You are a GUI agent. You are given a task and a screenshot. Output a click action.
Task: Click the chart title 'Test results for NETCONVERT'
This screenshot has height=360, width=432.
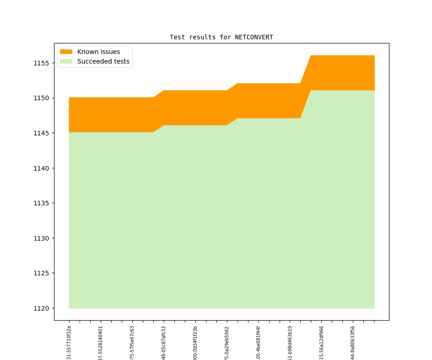pyautogui.click(x=221, y=37)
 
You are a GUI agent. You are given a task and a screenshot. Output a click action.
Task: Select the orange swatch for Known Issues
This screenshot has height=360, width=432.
pyautogui.click(x=66, y=52)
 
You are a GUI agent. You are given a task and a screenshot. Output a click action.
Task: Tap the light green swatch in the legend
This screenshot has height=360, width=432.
pyautogui.click(x=66, y=61)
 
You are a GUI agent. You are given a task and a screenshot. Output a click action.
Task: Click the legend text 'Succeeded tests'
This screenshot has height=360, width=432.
pyautogui.click(x=103, y=61)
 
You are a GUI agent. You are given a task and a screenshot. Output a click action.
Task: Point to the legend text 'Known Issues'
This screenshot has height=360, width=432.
pyautogui.click(x=98, y=52)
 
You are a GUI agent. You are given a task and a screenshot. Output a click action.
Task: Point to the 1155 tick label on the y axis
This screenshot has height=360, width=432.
pyautogui.click(x=41, y=63)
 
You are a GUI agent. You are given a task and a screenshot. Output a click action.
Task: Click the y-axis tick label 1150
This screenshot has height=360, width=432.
pyautogui.click(x=41, y=98)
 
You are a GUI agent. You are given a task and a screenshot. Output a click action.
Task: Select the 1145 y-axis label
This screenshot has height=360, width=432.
pyautogui.click(x=41, y=133)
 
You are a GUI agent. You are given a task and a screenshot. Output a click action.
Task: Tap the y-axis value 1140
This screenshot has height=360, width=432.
pyautogui.click(x=41, y=168)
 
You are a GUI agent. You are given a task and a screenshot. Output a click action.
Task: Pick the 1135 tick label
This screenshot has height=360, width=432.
pyautogui.click(x=41, y=203)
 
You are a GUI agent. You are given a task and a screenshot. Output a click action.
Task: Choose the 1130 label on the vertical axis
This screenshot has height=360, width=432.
pyautogui.click(x=41, y=238)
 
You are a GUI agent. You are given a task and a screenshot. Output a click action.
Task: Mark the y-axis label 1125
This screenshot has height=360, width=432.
pyautogui.click(x=41, y=273)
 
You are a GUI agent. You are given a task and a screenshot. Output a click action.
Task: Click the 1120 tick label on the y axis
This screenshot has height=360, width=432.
pyautogui.click(x=41, y=308)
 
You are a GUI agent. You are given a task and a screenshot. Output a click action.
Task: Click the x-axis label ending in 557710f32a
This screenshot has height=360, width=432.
pyautogui.click(x=69, y=343)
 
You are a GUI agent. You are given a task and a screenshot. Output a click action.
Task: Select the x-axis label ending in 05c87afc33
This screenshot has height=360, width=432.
pyautogui.click(x=164, y=343)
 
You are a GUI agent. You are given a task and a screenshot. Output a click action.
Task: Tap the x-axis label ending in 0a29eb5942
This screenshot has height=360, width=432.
pyautogui.click(x=227, y=343)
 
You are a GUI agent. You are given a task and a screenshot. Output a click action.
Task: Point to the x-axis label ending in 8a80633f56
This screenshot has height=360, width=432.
pyautogui.click(x=353, y=343)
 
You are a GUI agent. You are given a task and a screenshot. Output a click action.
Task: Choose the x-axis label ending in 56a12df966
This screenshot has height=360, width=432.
pyautogui.click(x=321, y=343)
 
